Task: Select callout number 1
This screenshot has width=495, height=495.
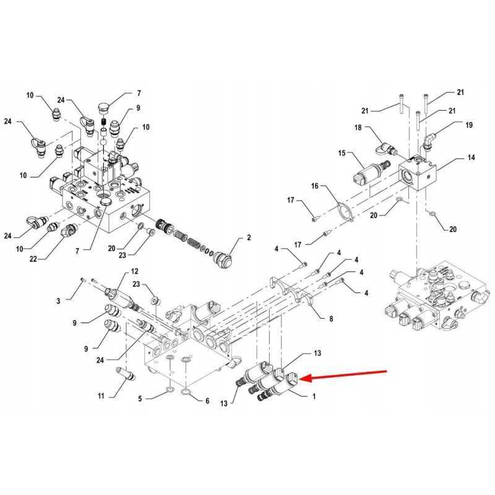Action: [x=314, y=397]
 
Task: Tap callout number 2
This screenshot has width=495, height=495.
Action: [x=249, y=238]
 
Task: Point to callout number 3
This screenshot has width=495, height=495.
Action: [x=58, y=301]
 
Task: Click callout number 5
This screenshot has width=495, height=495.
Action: [x=140, y=399]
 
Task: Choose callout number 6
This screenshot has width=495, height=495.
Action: [x=207, y=401]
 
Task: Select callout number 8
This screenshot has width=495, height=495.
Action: [x=331, y=319]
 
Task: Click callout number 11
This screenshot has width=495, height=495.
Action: [x=101, y=396]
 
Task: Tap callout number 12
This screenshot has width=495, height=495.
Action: [x=135, y=271]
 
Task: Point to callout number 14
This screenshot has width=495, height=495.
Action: [x=471, y=157]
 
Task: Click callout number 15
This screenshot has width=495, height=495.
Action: [x=342, y=153]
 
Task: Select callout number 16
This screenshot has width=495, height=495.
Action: [x=315, y=186]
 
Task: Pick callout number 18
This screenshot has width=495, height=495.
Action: [x=358, y=127]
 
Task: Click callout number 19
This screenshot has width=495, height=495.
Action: [x=469, y=125]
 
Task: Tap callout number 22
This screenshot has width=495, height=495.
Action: [x=33, y=259]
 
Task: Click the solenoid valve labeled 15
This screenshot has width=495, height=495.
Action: [x=371, y=172]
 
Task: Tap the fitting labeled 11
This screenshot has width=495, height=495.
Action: [x=126, y=374]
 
